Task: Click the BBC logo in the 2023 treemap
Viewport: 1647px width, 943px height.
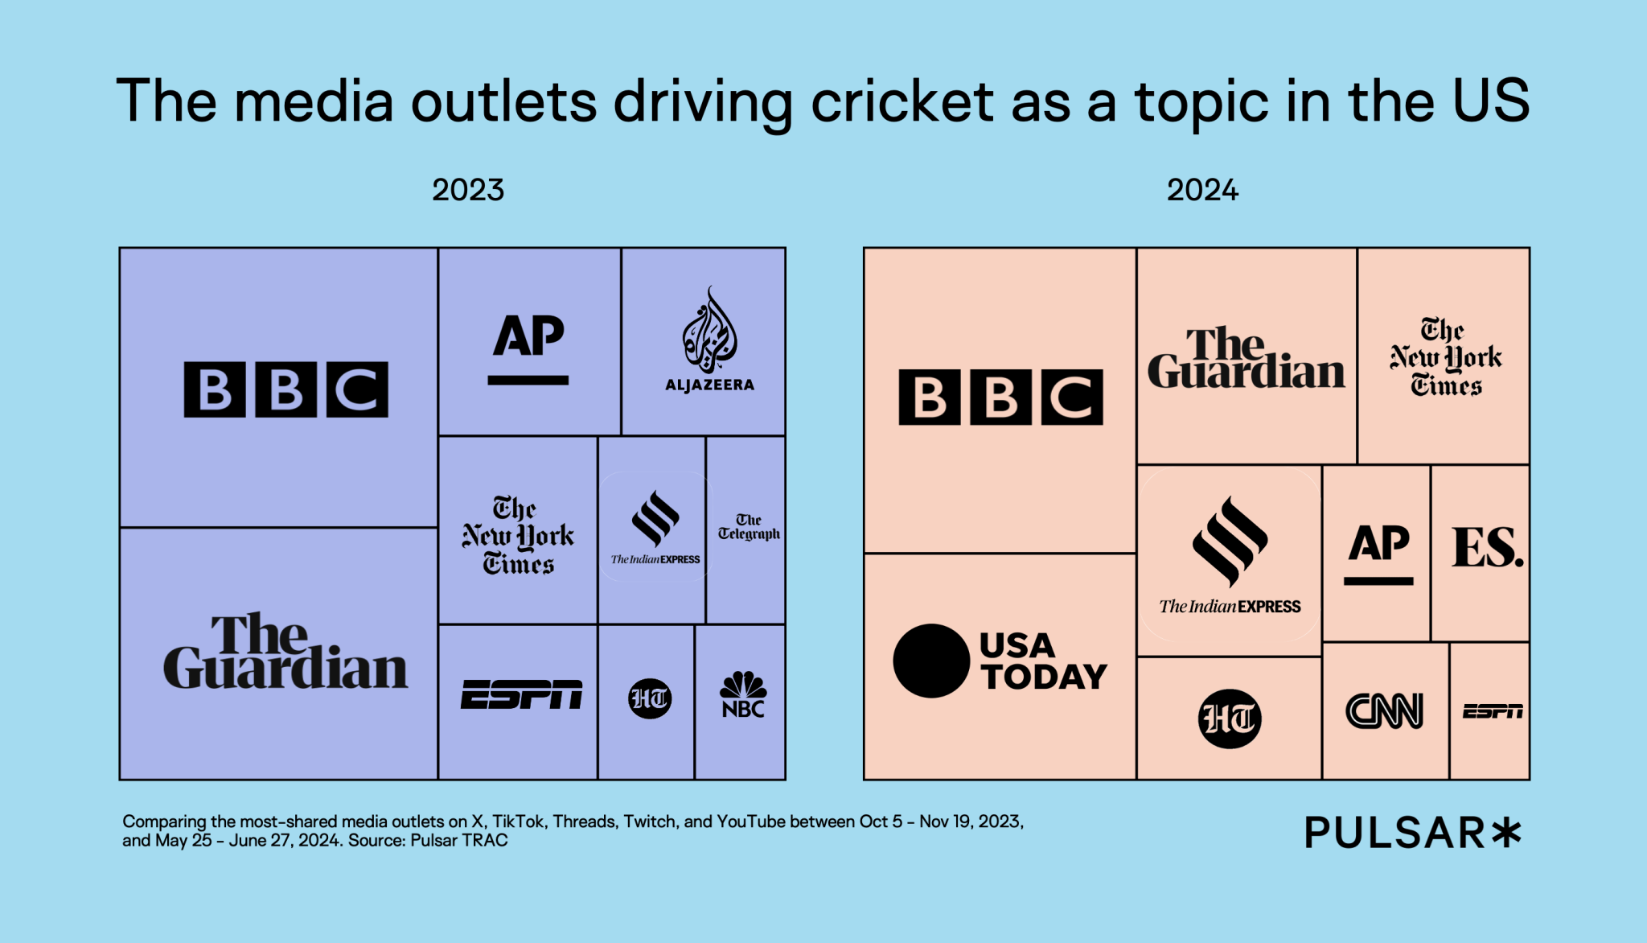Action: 285,389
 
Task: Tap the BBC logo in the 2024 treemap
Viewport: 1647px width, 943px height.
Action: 1000,397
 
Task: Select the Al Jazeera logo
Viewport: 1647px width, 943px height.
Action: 709,341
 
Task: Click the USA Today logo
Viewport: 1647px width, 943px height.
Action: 1000,661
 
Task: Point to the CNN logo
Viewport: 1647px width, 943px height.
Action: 1384,711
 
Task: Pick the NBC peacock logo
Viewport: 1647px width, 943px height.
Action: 743,695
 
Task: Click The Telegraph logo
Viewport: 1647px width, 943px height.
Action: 748,527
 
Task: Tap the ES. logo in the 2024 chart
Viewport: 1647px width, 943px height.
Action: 1487,548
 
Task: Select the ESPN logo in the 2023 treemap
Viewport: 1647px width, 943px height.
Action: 521,695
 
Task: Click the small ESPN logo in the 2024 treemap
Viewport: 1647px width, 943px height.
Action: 1493,711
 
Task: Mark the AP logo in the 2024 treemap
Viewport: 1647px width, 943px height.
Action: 1378,553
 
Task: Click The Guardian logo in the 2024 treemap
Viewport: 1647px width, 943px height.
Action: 1246,359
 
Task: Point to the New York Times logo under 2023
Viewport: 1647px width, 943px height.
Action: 518,536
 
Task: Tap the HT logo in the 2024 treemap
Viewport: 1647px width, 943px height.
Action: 1229,719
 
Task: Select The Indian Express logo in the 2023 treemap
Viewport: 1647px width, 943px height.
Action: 655,528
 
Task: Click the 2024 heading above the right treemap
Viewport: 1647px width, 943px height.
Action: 1202,191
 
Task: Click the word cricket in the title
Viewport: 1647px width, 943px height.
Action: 902,102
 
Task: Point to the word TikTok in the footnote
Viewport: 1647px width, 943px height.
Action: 517,822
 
